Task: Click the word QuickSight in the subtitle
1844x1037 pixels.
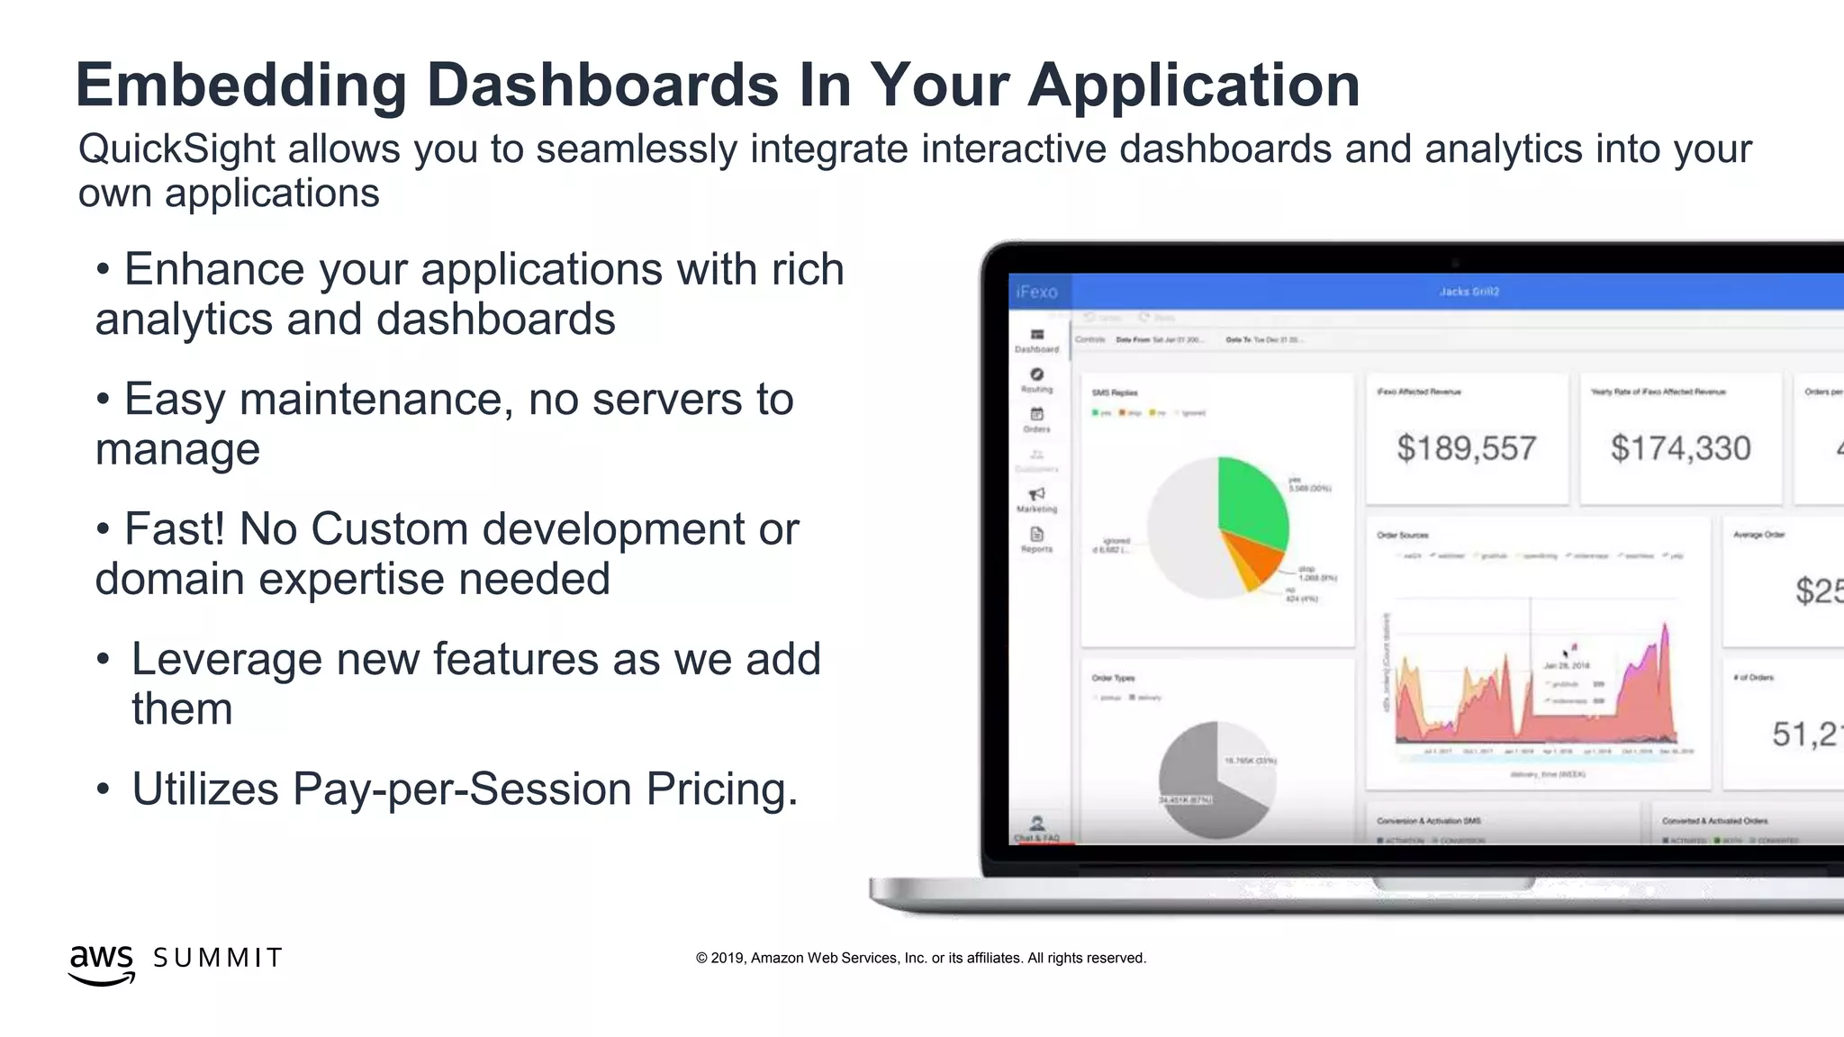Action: (x=176, y=149)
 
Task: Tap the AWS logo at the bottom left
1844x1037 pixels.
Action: (x=101, y=963)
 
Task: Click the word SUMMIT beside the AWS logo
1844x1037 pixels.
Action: (x=218, y=958)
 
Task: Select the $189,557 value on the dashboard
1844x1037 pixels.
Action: (x=1466, y=448)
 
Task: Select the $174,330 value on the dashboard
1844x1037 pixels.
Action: (x=1680, y=448)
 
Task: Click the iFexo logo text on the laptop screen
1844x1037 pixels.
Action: (x=1036, y=292)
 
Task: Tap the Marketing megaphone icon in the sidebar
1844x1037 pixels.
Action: (x=1037, y=494)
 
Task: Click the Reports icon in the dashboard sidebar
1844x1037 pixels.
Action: (x=1037, y=535)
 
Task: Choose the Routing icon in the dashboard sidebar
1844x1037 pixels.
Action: (x=1037, y=374)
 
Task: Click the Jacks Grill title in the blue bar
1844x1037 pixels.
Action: (x=1469, y=292)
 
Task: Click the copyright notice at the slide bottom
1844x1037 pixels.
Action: (x=920, y=958)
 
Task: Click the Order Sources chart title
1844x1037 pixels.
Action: (x=1402, y=536)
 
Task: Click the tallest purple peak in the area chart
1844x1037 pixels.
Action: (x=1665, y=630)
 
